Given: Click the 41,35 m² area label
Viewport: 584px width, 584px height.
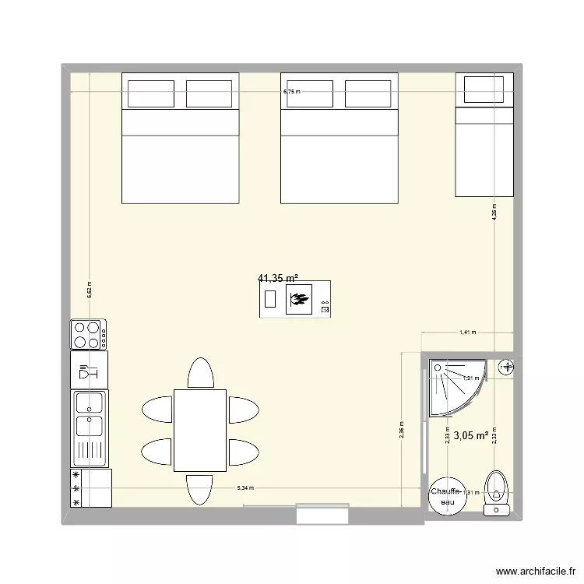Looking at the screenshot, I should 278,277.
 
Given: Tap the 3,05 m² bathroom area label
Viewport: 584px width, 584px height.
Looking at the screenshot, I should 471,436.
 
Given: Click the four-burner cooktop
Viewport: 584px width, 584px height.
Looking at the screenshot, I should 90,335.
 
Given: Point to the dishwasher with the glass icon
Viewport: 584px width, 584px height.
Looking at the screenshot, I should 90,369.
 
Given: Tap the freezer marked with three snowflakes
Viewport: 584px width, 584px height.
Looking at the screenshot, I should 91,489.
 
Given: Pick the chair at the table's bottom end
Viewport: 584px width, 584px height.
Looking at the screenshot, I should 200,488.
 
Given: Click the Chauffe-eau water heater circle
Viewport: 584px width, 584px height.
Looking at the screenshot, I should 448,496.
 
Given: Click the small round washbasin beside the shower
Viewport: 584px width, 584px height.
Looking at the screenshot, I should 508,366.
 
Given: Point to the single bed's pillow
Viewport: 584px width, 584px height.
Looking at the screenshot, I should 484,90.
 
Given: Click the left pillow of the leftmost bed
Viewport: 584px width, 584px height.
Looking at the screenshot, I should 151,93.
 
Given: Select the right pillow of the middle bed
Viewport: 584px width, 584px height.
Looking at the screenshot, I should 368,93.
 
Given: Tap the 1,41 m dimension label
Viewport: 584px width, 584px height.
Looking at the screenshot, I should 467,332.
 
